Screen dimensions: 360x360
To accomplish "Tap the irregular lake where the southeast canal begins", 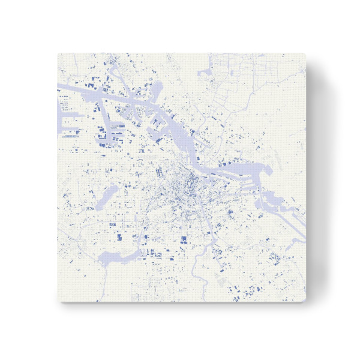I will pos(267,198).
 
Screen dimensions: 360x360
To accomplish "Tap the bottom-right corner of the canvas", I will pos(305,302).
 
